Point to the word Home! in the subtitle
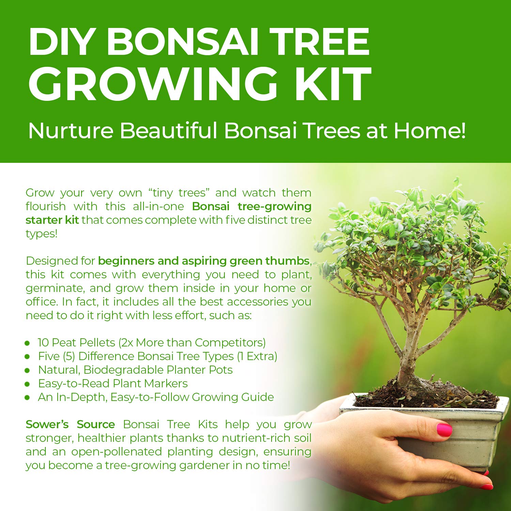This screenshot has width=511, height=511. [x=430, y=130]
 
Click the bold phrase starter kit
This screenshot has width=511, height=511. [x=52, y=220]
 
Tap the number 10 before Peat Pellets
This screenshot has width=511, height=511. [x=43, y=342]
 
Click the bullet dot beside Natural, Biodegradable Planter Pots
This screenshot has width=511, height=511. [x=27, y=370]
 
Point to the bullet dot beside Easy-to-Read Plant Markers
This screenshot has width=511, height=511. [x=27, y=384]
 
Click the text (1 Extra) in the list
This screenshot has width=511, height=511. [x=257, y=356]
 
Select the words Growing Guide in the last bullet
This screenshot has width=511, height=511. [x=233, y=398]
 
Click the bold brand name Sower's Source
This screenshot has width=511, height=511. [x=70, y=424]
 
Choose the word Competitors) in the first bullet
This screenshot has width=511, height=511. [x=230, y=343]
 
